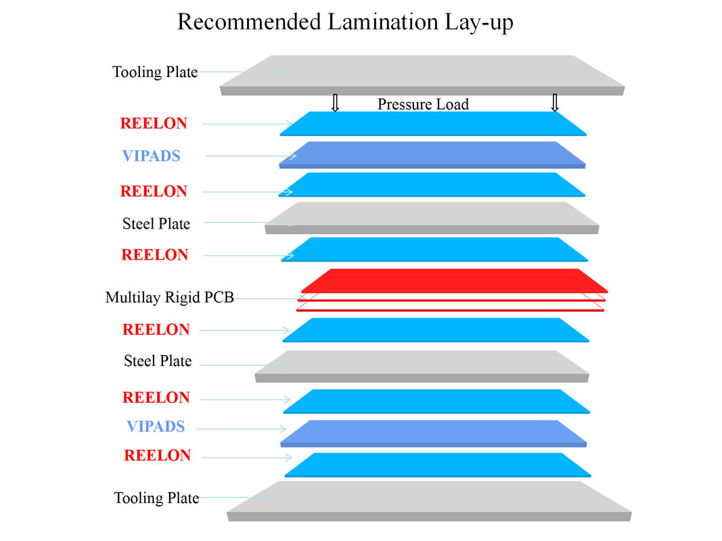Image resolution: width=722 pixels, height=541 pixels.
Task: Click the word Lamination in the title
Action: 383,22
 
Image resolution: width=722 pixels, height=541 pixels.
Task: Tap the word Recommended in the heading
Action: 249,22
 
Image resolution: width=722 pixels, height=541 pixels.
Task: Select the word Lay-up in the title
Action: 479,23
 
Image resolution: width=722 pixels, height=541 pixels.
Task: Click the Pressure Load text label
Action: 423,104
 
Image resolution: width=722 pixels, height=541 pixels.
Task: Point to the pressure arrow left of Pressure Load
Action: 335,103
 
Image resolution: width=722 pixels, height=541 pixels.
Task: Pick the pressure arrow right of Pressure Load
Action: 555,103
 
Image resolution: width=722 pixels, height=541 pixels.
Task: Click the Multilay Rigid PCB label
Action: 169,297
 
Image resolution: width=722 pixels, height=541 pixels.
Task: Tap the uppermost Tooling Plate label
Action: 155,72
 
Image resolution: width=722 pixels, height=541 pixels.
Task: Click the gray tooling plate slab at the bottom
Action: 429,501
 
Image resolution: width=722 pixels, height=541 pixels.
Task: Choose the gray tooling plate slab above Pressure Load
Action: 422,76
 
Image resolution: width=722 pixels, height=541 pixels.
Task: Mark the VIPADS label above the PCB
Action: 151,156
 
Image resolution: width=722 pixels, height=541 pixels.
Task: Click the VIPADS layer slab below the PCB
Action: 433,433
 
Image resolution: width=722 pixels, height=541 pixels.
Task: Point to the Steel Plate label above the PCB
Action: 156,224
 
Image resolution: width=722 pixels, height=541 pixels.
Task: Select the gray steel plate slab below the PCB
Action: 422,367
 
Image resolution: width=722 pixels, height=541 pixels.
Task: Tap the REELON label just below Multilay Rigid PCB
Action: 156,329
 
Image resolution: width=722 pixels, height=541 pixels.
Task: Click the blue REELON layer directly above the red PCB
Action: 434,250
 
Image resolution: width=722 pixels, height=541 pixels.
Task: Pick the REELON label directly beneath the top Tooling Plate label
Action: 154,123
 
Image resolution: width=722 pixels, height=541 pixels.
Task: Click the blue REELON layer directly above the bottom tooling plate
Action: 438,465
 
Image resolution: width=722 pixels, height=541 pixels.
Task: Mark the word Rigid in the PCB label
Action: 182,298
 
